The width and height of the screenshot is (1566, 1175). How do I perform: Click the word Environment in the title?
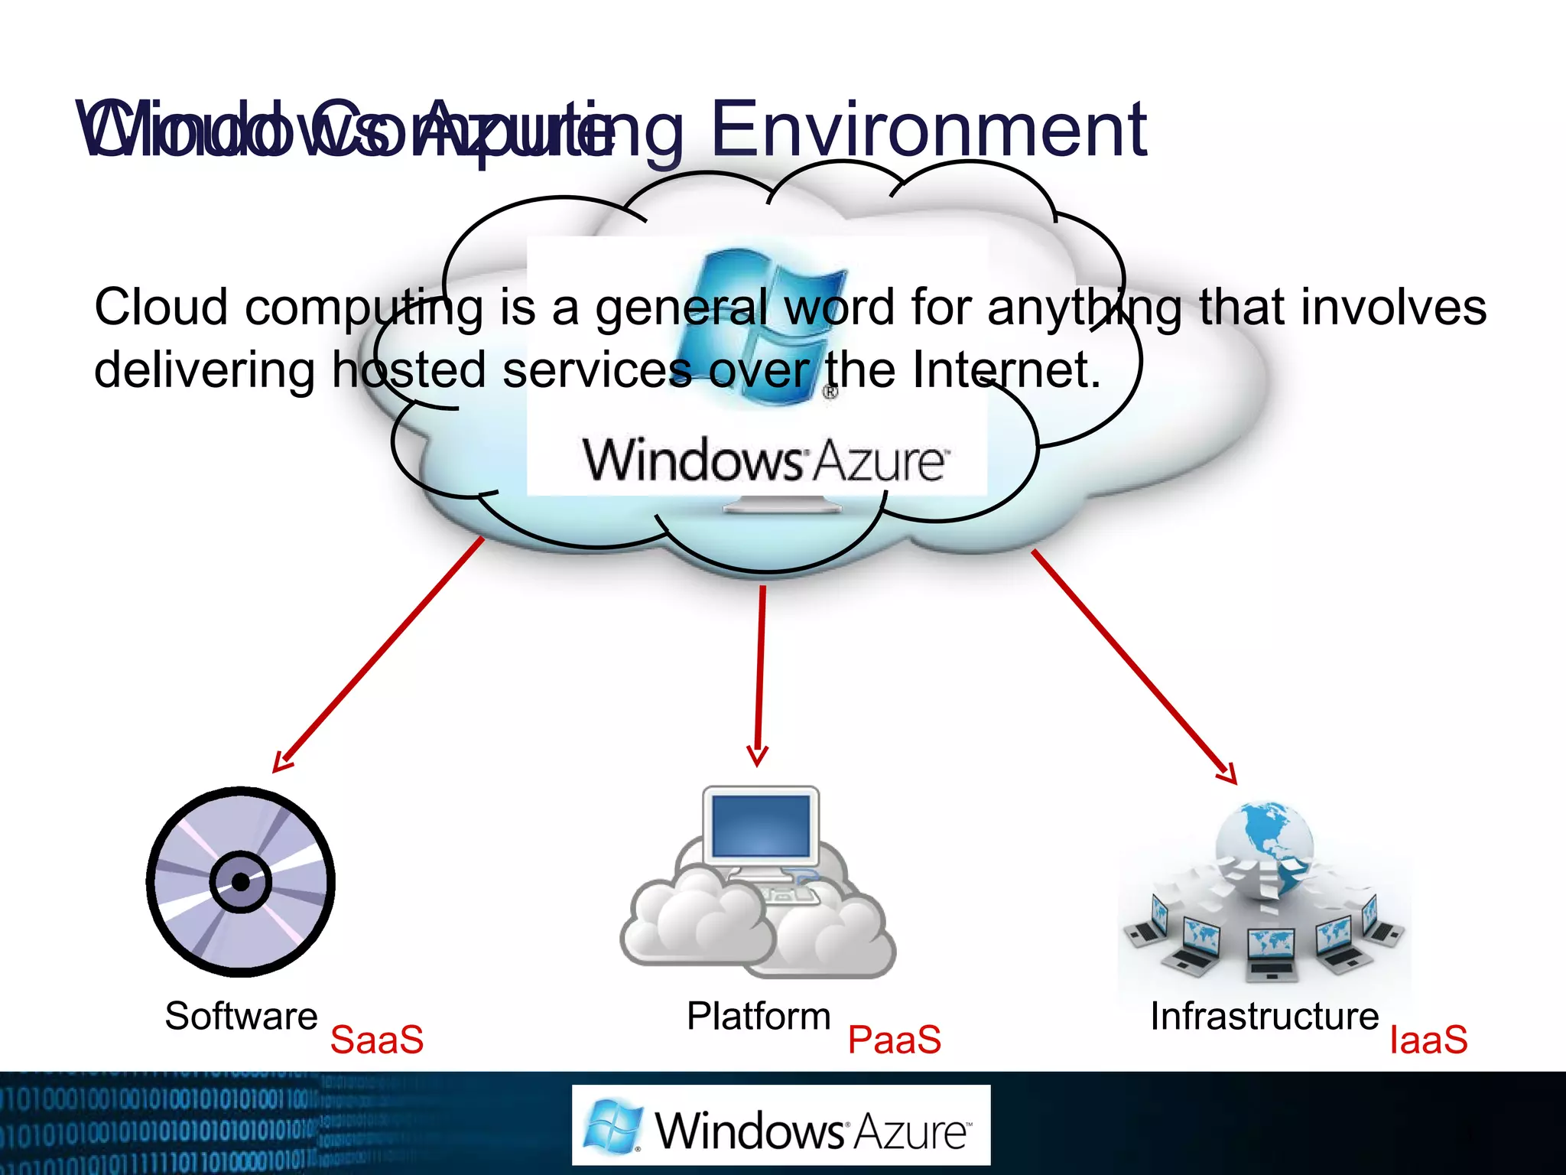pos(928,130)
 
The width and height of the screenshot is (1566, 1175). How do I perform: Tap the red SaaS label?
pos(376,1040)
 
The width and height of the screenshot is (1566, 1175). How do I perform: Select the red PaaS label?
pos(894,1040)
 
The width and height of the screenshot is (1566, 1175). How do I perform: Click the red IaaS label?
pos(1428,1040)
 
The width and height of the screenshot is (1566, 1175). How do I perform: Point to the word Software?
pos(241,1017)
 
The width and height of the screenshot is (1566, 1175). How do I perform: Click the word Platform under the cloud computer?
pos(758,1017)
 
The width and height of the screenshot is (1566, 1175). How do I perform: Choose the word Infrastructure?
pos(1264,1017)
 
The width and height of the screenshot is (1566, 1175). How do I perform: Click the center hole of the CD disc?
pos(241,882)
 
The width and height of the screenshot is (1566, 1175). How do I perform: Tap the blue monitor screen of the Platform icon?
pos(760,825)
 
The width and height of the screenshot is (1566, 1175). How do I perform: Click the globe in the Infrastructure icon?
pos(1265,845)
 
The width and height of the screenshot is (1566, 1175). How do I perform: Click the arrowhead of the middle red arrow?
pos(757,757)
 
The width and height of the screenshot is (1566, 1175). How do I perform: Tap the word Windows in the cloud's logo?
pos(693,461)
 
